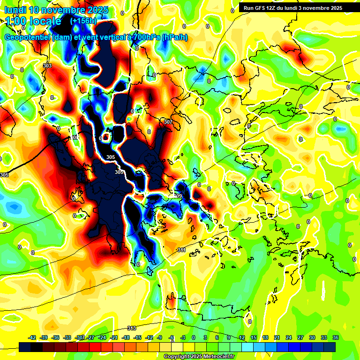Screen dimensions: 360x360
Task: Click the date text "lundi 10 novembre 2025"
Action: [56, 10]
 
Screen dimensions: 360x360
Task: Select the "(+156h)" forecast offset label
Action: [83, 21]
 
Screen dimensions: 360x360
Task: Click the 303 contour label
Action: [47, 66]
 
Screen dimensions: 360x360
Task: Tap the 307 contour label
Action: [168, 122]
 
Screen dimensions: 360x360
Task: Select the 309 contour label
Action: [178, 196]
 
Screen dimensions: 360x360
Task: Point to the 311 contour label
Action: [181, 251]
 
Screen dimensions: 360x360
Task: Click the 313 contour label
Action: [132, 328]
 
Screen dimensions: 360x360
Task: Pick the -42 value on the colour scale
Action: [32, 337]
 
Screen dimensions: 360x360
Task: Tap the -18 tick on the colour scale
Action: [126, 337]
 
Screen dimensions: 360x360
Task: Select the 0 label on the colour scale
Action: [194, 337]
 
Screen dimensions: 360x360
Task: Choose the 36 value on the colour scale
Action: [335, 337]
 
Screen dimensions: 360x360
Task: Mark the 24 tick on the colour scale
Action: [288, 337]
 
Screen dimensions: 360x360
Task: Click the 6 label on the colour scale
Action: [217, 337]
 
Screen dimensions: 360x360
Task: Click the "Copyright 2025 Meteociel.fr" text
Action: [199, 356]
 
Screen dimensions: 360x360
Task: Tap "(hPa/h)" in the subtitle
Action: [174, 37]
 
